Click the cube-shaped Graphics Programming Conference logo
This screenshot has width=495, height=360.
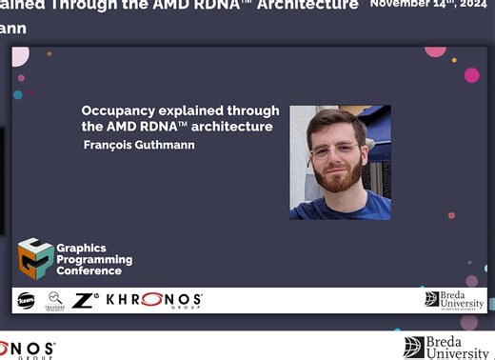[x=35, y=256]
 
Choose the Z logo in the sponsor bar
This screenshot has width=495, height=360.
[x=83, y=300]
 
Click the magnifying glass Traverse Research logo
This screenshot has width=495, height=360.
[x=56, y=300]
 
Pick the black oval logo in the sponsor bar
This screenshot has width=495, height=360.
[x=27, y=301]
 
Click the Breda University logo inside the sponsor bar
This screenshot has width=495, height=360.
[x=454, y=300]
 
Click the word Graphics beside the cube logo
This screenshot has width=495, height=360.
[x=82, y=248]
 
